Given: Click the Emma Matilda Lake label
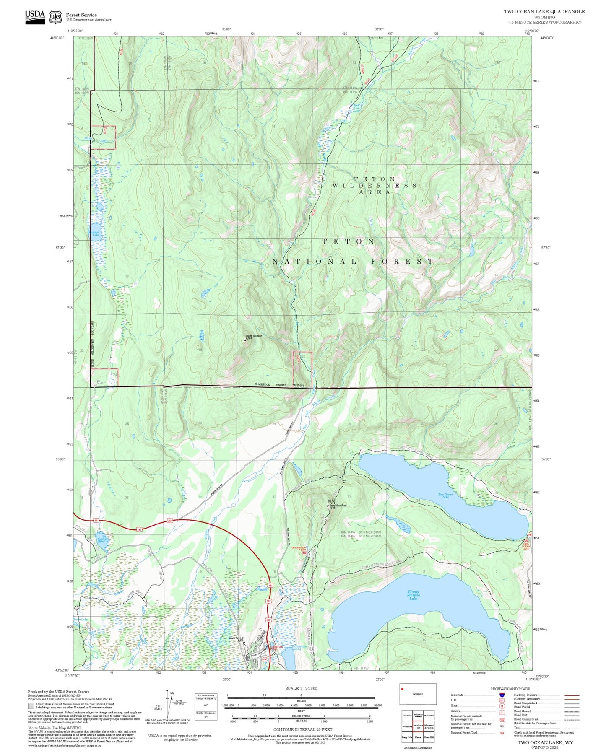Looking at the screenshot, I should (x=413, y=595).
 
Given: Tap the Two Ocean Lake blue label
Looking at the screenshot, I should (x=445, y=495).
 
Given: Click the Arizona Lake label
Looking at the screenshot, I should (x=95, y=234).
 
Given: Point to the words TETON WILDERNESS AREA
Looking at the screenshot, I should (x=375, y=185).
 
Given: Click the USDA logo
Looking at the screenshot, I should (x=35, y=17).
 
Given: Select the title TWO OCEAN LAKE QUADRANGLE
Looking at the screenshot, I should (x=544, y=11).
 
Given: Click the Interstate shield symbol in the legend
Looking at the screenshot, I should (x=502, y=695).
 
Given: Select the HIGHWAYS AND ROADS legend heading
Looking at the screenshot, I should (x=510, y=689).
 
